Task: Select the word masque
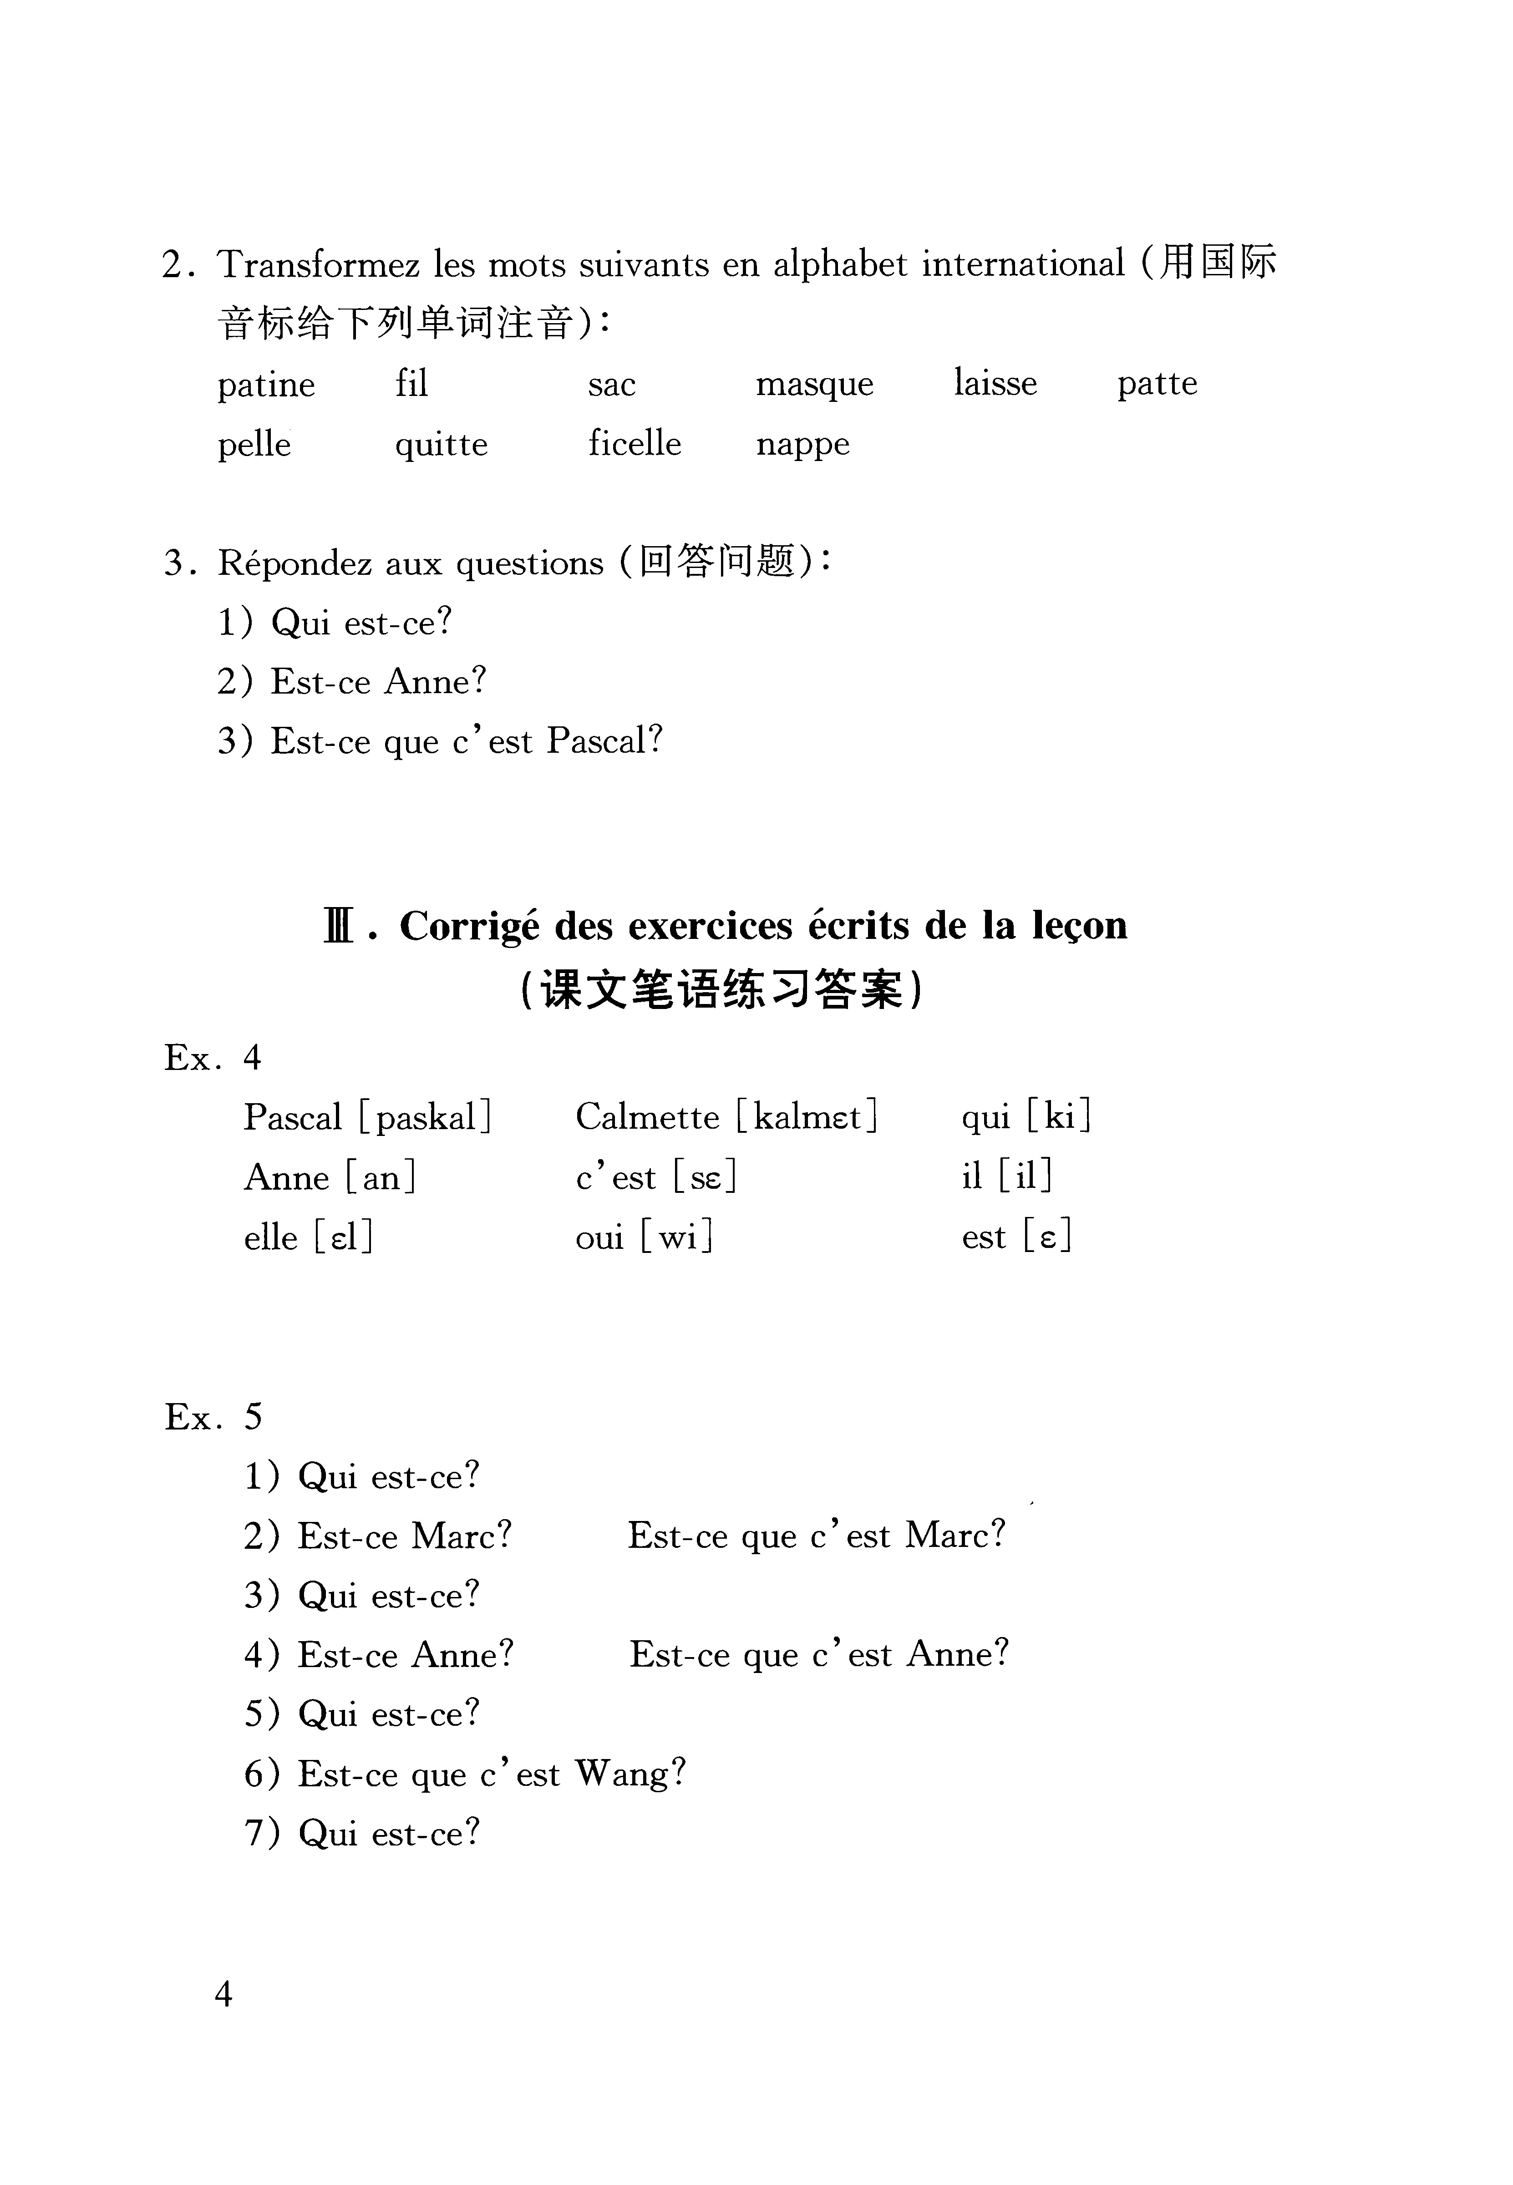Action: tap(814, 385)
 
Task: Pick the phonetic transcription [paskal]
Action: tap(426, 1117)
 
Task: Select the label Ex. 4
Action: tap(213, 1057)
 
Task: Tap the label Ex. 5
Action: tap(213, 1416)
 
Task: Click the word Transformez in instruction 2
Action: tap(319, 264)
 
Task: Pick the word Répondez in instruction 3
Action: tap(295, 563)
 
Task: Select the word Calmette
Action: tap(647, 1117)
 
